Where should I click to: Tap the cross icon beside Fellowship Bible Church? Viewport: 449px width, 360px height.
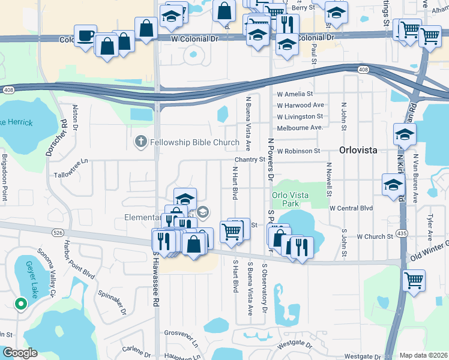click(140, 142)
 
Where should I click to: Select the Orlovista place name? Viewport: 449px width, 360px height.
click(358, 150)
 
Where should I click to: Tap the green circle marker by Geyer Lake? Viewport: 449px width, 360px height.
click(21, 304)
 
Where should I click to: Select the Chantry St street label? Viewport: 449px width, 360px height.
click(250, 160)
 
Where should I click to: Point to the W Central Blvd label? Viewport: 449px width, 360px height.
click(351, 208)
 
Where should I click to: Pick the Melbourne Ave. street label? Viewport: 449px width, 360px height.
click(300, 128)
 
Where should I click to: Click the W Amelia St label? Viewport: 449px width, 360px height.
click(295, 94)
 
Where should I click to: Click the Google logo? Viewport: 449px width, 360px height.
click(20, 353)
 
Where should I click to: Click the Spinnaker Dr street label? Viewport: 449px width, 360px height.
click(113, 304)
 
